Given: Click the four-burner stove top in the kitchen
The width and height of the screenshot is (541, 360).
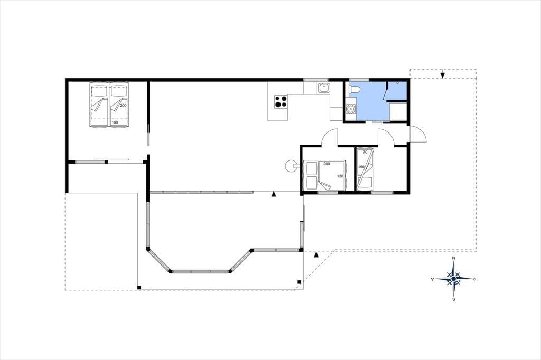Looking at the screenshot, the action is pos(281,101).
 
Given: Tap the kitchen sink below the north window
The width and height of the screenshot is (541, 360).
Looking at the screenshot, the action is pos(324,88).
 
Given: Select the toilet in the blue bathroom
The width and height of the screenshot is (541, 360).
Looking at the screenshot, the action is pos(355,89).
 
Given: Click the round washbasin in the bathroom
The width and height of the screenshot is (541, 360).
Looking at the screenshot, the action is pos(351,109).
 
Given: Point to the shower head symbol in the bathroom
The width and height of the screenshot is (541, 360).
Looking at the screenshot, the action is pos(397,83).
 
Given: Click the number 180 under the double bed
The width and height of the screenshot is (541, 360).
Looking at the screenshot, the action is pos(115,122).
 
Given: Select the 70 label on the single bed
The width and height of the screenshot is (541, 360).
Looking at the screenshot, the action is pos(365,151).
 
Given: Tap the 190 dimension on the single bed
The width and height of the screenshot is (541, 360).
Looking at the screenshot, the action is pos(361,167).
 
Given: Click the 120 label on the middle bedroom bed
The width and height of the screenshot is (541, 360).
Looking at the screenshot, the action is pos(340,176).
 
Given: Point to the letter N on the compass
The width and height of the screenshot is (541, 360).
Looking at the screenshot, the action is pos(454,258).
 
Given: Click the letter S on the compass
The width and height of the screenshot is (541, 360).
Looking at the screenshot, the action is pos(454,299).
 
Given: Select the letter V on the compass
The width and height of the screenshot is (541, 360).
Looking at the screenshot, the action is pos(432,279).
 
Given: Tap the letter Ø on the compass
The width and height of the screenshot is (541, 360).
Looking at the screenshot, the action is pos(474,279).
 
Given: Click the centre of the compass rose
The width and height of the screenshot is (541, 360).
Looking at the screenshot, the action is pos(453,279).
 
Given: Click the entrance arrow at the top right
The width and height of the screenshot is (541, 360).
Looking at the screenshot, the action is pos(442,75).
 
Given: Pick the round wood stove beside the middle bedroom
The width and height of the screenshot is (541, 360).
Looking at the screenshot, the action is pos(291,166).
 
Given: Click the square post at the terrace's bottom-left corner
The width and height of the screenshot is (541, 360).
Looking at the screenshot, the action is pos(139,287).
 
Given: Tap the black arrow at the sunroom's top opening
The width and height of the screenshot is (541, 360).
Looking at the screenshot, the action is pos(274,194).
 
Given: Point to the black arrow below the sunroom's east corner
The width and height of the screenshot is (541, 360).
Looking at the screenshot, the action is pos(316,255).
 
